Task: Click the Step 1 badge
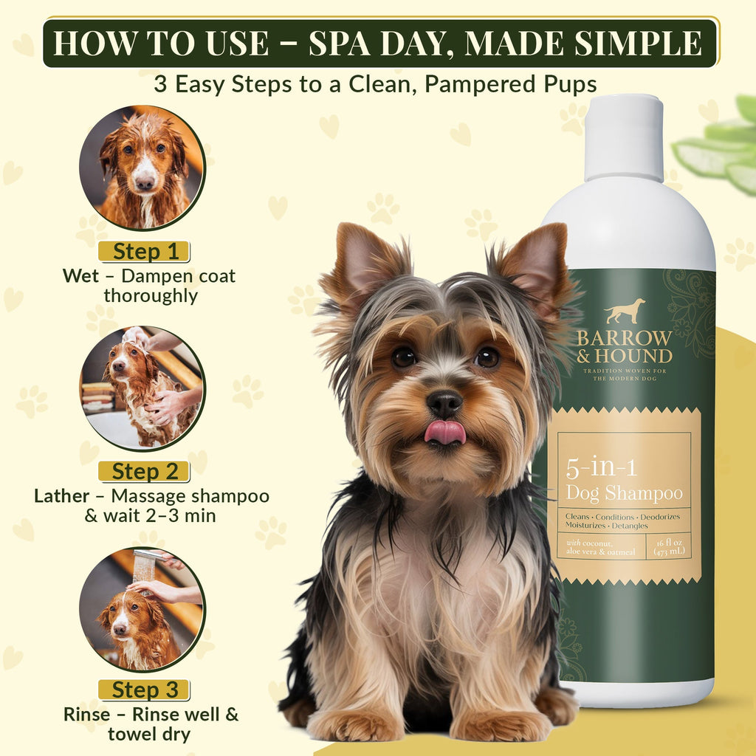click(145, 251)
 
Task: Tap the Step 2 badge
click(145, 470)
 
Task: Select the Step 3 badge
click(145, 690)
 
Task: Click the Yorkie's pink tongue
click(444, 432)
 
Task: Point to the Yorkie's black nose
click(444, 403)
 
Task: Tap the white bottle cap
click(625, 138)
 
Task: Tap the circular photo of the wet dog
click(142, 168)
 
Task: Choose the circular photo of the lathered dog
click(142, 388)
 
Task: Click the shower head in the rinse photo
click(145, 565)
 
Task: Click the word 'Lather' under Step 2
click(62, 495)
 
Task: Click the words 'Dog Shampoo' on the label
click(624, 492)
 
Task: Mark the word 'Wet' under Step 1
click(80, 276)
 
